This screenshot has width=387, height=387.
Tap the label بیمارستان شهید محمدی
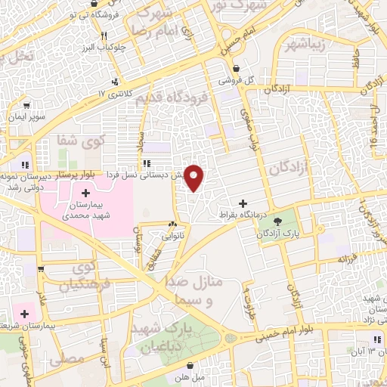pyautogui.click(x=85, y=212)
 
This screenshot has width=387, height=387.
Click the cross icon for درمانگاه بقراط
pyautogui.click(x=243, y=203)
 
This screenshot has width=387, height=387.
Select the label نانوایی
pyautogui.click(x=172, y=236)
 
